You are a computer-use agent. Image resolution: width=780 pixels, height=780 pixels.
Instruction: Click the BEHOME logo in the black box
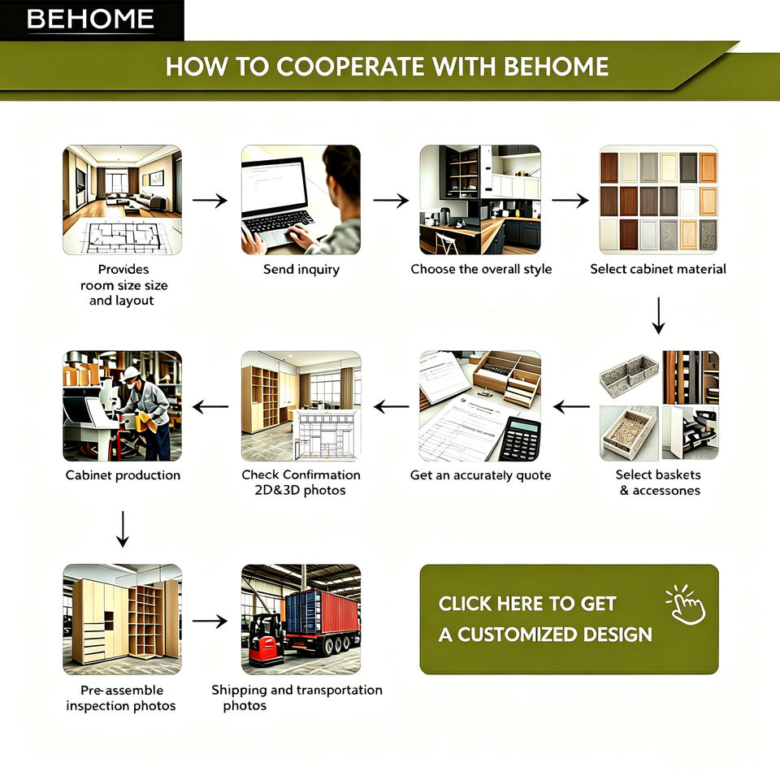(x=90, y=19)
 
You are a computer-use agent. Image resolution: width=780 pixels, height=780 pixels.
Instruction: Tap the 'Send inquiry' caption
(x=301, y=270)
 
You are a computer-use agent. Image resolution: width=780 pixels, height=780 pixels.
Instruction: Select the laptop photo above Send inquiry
(x=301, y=200)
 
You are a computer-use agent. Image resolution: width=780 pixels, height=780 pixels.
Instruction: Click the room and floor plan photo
(x=123, y=200)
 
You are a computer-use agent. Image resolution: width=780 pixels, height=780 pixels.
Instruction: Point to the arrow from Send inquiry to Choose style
(x=391, y=201)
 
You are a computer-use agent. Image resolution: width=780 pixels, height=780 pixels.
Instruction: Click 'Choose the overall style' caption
(x=481, y=269)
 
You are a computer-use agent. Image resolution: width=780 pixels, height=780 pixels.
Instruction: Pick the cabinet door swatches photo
(x=659, y=200)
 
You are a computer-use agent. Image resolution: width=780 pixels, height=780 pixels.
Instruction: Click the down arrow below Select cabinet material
(x=659, y=316)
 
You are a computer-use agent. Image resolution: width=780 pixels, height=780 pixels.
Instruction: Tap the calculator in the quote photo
(x=520, y=438)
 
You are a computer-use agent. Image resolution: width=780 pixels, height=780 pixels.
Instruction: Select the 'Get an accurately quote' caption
(x=480, y=475)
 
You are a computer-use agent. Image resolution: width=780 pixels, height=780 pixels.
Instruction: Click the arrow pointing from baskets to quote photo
(x=571, y=407)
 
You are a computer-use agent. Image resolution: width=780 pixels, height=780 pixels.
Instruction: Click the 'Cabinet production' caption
(x=123, y=475)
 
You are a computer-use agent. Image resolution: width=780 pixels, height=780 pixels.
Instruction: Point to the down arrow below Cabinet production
(x=123, y=529)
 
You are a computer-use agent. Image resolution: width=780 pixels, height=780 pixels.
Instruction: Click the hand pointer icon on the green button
(x=687, y=604)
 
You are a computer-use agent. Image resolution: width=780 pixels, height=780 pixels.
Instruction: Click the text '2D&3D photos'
(x=300, y=491)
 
